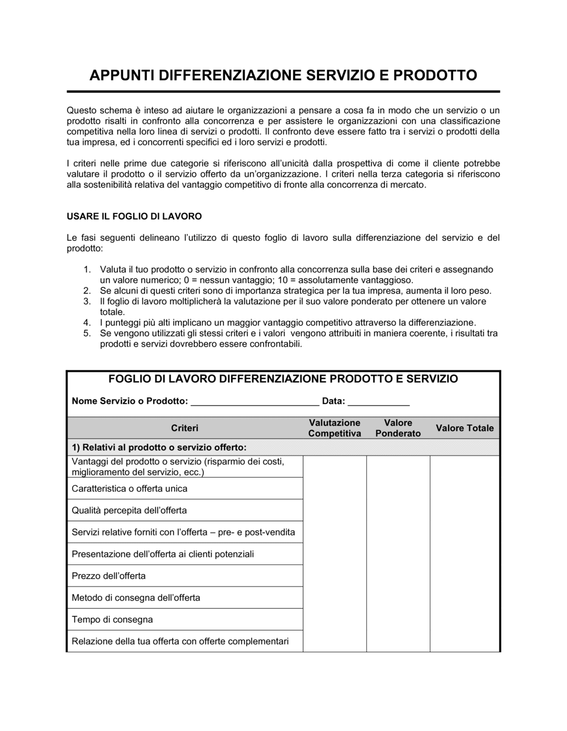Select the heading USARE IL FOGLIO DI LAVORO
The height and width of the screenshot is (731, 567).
coord(134,216)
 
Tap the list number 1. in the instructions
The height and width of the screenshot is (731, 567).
coord(87,270)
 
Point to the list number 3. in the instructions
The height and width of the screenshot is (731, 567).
coord(87,301)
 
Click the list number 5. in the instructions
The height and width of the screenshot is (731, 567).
coord(87,333)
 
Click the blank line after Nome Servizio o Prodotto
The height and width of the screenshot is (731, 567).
coord(255,402)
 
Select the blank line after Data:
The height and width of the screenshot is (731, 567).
coord(378,402)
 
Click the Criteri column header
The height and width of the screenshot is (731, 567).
coord(185,428)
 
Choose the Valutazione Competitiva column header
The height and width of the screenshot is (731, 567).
coord(335,428)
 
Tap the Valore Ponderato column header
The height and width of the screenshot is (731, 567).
coord(398,428)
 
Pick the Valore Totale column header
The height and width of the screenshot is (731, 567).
coord(464,428)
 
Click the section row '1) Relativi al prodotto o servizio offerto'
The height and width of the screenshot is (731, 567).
coord(159,447)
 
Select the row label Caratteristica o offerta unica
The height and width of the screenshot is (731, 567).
coord(129,488)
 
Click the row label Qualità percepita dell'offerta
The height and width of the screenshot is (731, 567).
coord(129,511)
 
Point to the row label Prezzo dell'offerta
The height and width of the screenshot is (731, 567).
coord(109,576)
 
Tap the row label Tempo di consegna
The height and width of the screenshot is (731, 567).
coord(112,620)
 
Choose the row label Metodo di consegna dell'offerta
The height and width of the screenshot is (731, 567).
coord(136,598)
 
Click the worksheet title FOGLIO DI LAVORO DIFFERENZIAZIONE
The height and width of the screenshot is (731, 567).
coord(283,379)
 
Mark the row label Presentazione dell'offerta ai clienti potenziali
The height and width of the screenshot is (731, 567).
coord(163,554)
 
